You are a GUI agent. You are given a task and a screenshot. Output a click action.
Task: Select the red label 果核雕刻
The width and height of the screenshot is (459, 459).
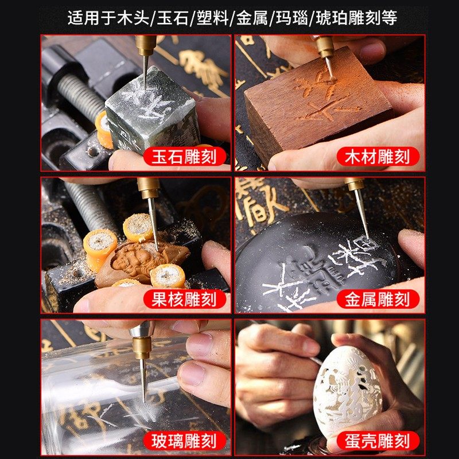pos(184,298)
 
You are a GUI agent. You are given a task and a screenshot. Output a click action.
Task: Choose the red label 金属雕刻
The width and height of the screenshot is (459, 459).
pos(377,298)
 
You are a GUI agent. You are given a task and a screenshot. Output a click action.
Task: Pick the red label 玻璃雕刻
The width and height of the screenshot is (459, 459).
pos(184,440)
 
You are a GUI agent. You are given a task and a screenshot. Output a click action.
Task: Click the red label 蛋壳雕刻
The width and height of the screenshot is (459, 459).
pos(377,440)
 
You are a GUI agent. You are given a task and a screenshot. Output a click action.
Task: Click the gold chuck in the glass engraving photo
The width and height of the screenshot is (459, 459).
pos(141,348)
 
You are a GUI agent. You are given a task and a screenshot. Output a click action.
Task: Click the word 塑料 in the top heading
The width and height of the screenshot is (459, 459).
pos(211,18)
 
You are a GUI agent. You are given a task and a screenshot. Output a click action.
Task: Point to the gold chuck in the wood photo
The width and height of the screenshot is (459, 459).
pos(326,46)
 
